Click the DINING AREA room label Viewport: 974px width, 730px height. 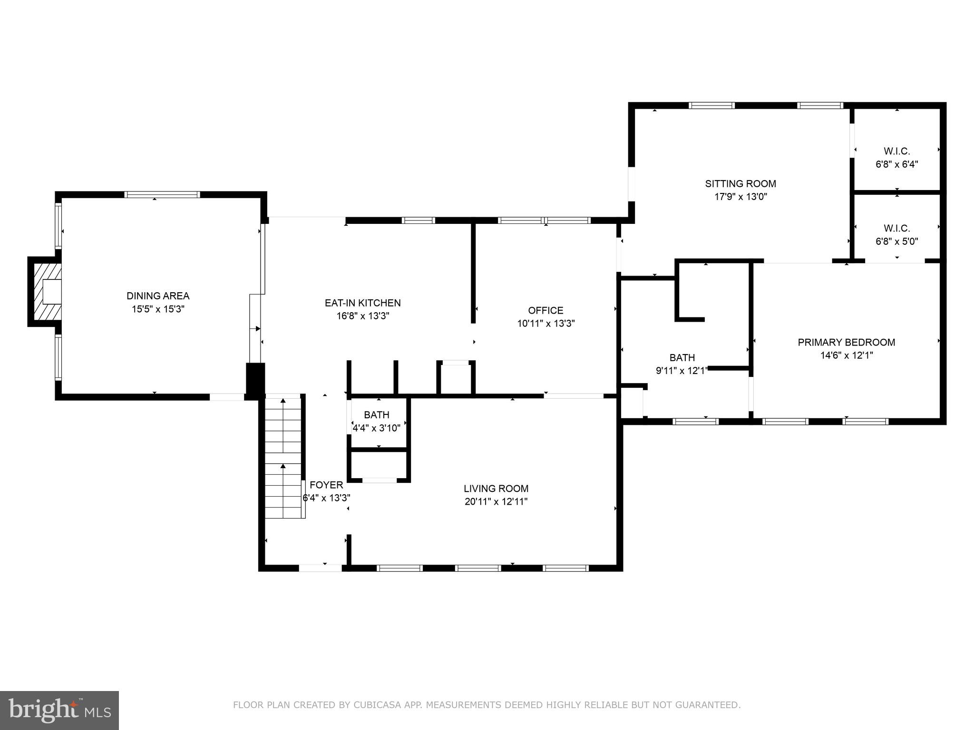coord(158,296)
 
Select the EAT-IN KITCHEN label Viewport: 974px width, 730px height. coord(362,303)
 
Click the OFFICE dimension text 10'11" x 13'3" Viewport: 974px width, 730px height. coord(545,324)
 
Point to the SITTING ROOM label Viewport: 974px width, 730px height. coord(740,183)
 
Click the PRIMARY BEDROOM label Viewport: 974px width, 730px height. coord(846,342)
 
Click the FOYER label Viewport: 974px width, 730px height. coord(326,485)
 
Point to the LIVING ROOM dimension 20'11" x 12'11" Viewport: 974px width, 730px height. coord(496,501)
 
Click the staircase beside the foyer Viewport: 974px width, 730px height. coord(283,459)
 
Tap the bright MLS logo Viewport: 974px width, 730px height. coord(59,710)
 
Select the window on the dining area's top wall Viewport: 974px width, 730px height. coord(162,194)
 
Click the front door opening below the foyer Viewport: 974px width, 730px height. coord(320,568)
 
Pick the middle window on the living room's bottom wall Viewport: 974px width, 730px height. coord(478,568)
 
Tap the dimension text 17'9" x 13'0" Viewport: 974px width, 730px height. coord(740,197)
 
